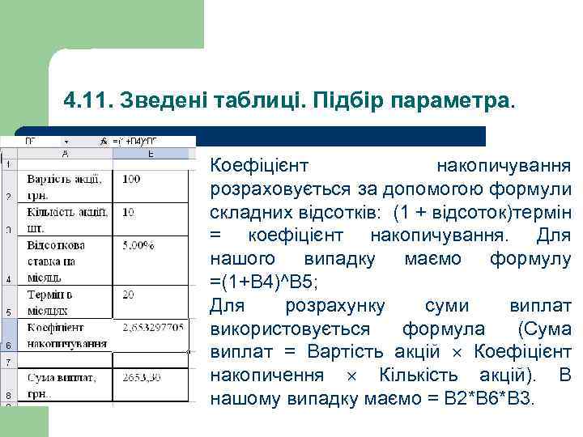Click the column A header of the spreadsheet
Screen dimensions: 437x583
(x=65, y=152)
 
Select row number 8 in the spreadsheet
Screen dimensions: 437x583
(x=7, y=394)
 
